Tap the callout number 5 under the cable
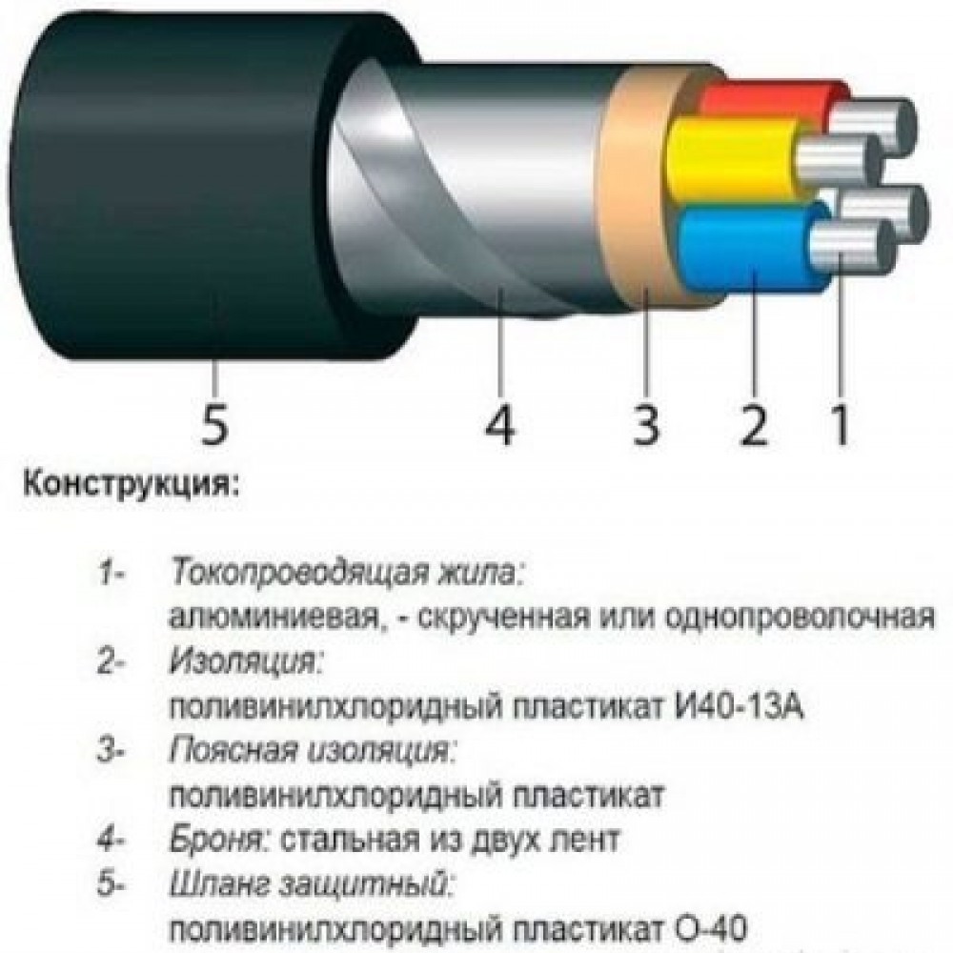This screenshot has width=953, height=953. coord(214,423)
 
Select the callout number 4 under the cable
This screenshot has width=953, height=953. coord(499,423)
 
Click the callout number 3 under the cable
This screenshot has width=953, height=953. coord(645,423)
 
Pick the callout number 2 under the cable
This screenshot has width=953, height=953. coord(753,423)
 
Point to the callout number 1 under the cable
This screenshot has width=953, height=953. coord(840,423)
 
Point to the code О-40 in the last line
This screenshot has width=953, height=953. coord(710,928)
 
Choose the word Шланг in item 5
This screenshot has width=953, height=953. coord(218,884)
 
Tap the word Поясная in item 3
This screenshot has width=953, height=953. coord(233,752)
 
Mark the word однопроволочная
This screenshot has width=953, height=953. coord(800,618)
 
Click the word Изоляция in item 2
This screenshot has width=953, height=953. coord(244,662)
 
